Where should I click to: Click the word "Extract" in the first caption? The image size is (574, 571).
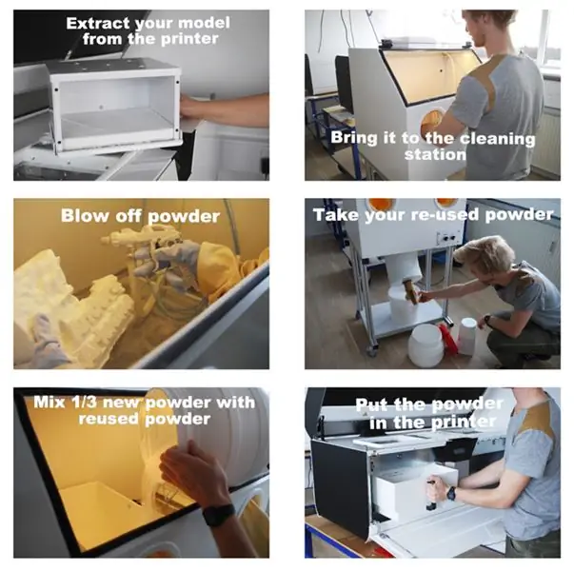point(98,23)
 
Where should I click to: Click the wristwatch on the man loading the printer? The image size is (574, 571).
point(452,493)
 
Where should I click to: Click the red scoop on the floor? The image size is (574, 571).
point(448,338)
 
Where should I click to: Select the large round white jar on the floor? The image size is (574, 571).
point(426,345)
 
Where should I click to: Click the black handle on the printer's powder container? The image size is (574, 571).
point(430,495)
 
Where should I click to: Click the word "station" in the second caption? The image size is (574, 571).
point(436,154)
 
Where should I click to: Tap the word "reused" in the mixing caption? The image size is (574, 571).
point(109,419)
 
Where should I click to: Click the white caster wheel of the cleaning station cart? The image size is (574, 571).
point(371,351)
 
